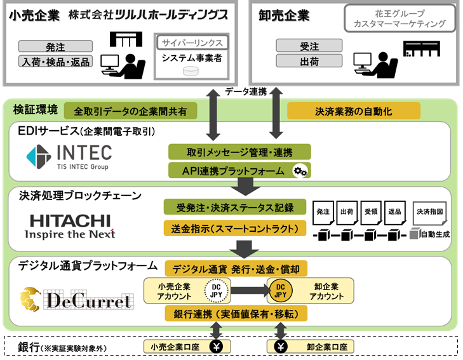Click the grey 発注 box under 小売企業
tap(56, 46)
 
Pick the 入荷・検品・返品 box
tap(56, 62)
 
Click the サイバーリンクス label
tap(191, 43)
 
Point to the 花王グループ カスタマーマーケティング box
tap(399, 18)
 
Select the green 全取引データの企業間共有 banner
tap(130, 110)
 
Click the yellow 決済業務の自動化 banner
tap(354, 111)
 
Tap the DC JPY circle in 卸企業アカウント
tap(279, 291)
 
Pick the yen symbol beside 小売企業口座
tap(215, 347)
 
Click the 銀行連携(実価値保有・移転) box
tap(236, 314)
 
